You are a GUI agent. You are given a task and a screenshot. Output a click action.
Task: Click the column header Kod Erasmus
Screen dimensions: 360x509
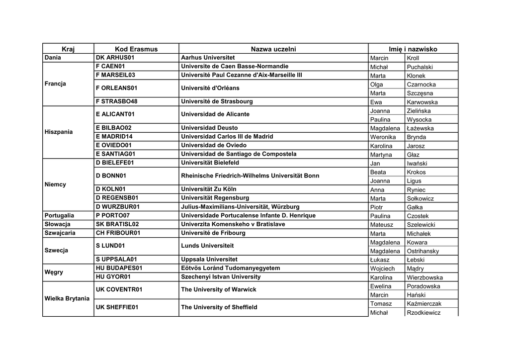coord(136,49)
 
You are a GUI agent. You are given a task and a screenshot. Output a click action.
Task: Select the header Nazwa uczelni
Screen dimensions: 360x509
coord(273,49)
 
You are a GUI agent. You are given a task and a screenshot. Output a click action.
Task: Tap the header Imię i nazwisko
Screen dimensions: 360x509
coord(413,49)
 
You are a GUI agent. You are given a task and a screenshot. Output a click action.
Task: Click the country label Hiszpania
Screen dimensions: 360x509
coord(59,132)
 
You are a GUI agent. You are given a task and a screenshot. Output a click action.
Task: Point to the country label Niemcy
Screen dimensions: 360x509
coord(55,184)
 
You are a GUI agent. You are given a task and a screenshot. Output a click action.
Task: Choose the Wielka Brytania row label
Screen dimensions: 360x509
coord(67,298)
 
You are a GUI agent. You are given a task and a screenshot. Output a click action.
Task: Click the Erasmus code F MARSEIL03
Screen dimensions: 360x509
coord(115,75)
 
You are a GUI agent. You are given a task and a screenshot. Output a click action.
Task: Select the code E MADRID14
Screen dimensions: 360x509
coord(114,136)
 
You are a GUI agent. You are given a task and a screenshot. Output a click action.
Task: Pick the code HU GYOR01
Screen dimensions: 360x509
coord(113,277)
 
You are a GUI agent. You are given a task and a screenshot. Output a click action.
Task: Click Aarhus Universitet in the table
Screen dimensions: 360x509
coord(208,58)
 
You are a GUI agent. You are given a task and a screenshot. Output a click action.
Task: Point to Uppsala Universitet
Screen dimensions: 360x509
coord(209,259)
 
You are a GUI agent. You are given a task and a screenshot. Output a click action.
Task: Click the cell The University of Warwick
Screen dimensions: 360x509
coord(219,289)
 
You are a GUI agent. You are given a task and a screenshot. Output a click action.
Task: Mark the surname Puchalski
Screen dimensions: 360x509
coord(420,67)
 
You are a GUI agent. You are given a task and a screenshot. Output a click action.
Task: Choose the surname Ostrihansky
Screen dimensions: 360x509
coord(423,251)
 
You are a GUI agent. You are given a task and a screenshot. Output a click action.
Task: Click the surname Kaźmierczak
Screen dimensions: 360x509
coord(424,304)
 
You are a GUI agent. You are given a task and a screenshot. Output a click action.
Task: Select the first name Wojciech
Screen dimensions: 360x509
coord(383,269)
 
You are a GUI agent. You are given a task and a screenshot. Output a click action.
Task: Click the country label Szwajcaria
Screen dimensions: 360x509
coord(60,233)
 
